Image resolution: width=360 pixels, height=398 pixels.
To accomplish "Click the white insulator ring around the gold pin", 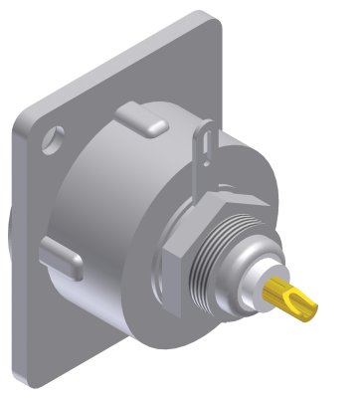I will pyautogui.click(x=261, y=282).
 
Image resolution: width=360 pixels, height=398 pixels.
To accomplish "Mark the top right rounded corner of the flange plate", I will pyautogui.click(x=213, y=22).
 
